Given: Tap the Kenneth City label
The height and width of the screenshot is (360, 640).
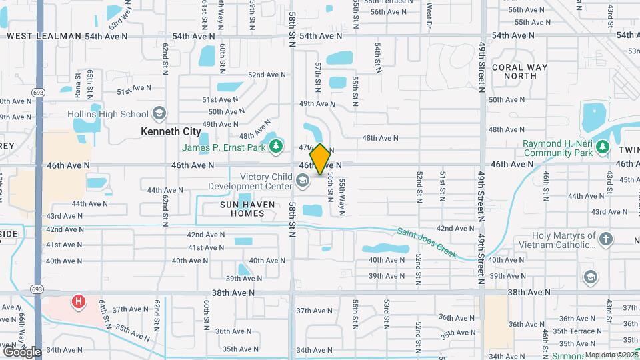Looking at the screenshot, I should coord(171,131).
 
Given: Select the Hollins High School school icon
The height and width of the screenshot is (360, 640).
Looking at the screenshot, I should coord(159,113).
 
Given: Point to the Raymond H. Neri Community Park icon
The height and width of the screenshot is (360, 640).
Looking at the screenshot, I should coord(603,145).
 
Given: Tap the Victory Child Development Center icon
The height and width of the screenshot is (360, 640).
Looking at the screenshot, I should coord(302,181).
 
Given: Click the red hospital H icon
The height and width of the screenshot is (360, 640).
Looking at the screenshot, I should coord(79,301).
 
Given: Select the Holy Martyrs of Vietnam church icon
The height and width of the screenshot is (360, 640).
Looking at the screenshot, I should coord(605,239).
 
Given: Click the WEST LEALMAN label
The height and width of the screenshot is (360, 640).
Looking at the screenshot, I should coord(44,36).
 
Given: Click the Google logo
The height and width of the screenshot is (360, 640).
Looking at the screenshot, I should coord(21,351).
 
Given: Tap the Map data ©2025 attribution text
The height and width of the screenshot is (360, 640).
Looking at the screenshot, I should coord(611,355).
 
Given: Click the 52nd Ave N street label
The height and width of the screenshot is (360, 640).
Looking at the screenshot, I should coord(267,75).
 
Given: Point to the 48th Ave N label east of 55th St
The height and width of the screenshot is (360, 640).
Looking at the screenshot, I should coord(380,138).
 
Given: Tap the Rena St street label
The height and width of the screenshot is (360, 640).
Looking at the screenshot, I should coord(78,81).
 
